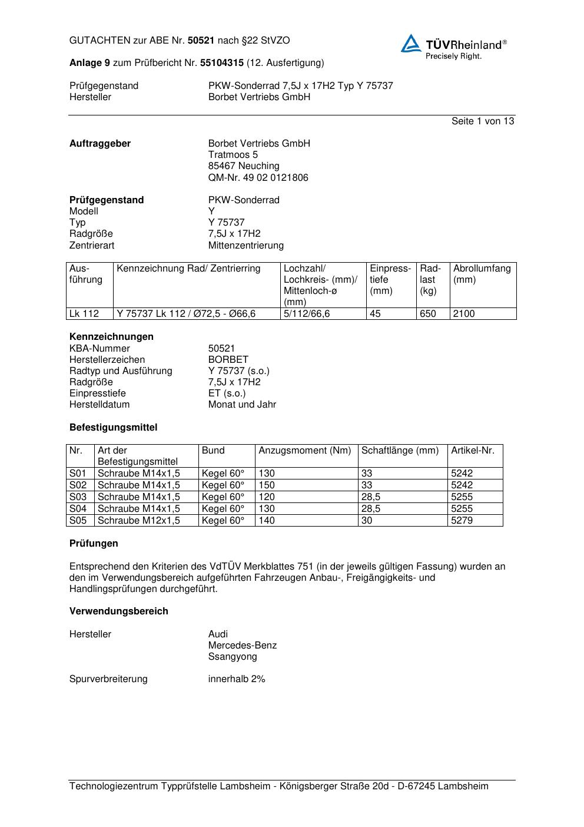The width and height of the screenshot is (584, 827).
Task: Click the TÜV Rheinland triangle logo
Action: pyautogui.click(x=411, y=44)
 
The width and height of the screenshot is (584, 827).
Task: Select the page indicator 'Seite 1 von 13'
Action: pyautogui.click(x=482, y=121)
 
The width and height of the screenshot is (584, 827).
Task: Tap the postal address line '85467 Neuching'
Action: pyautogui.click(x=244, y=166)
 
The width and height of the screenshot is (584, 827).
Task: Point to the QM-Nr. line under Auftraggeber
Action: pyautogui.click(x=258, y=178)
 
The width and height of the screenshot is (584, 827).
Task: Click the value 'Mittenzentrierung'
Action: pyautogui.click(x=245, y=246)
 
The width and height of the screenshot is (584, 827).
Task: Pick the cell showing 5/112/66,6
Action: pyautogui.click(x=307, y=314)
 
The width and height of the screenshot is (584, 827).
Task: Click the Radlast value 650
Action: pyautogui.click(x=428, y=314)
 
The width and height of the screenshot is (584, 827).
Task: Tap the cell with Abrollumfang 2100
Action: pyautogui.click(x=464, y=314)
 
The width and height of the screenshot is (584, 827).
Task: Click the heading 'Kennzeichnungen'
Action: pyautogui.click(x=111, y=337)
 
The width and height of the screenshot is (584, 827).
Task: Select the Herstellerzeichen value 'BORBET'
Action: pyautogui.click(x=228, y=360)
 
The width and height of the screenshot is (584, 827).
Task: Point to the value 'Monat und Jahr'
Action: pyautogui.click(x=242, y=405)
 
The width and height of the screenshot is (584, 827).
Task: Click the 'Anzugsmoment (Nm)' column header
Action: pyautogui.click(x=304, y=451)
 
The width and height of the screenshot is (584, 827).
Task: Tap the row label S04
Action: pyautogui.click(x=78, y=509)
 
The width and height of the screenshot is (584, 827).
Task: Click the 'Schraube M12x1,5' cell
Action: pyautogui.click(x=139, y=521)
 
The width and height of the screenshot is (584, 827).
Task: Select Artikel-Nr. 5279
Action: pyautogui.click(x=462, y=521)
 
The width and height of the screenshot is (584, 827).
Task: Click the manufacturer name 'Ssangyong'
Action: pyautogui.click(x=233, y=657)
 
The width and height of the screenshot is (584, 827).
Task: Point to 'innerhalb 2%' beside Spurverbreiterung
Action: pyautogui.click(x=237, y=679)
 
